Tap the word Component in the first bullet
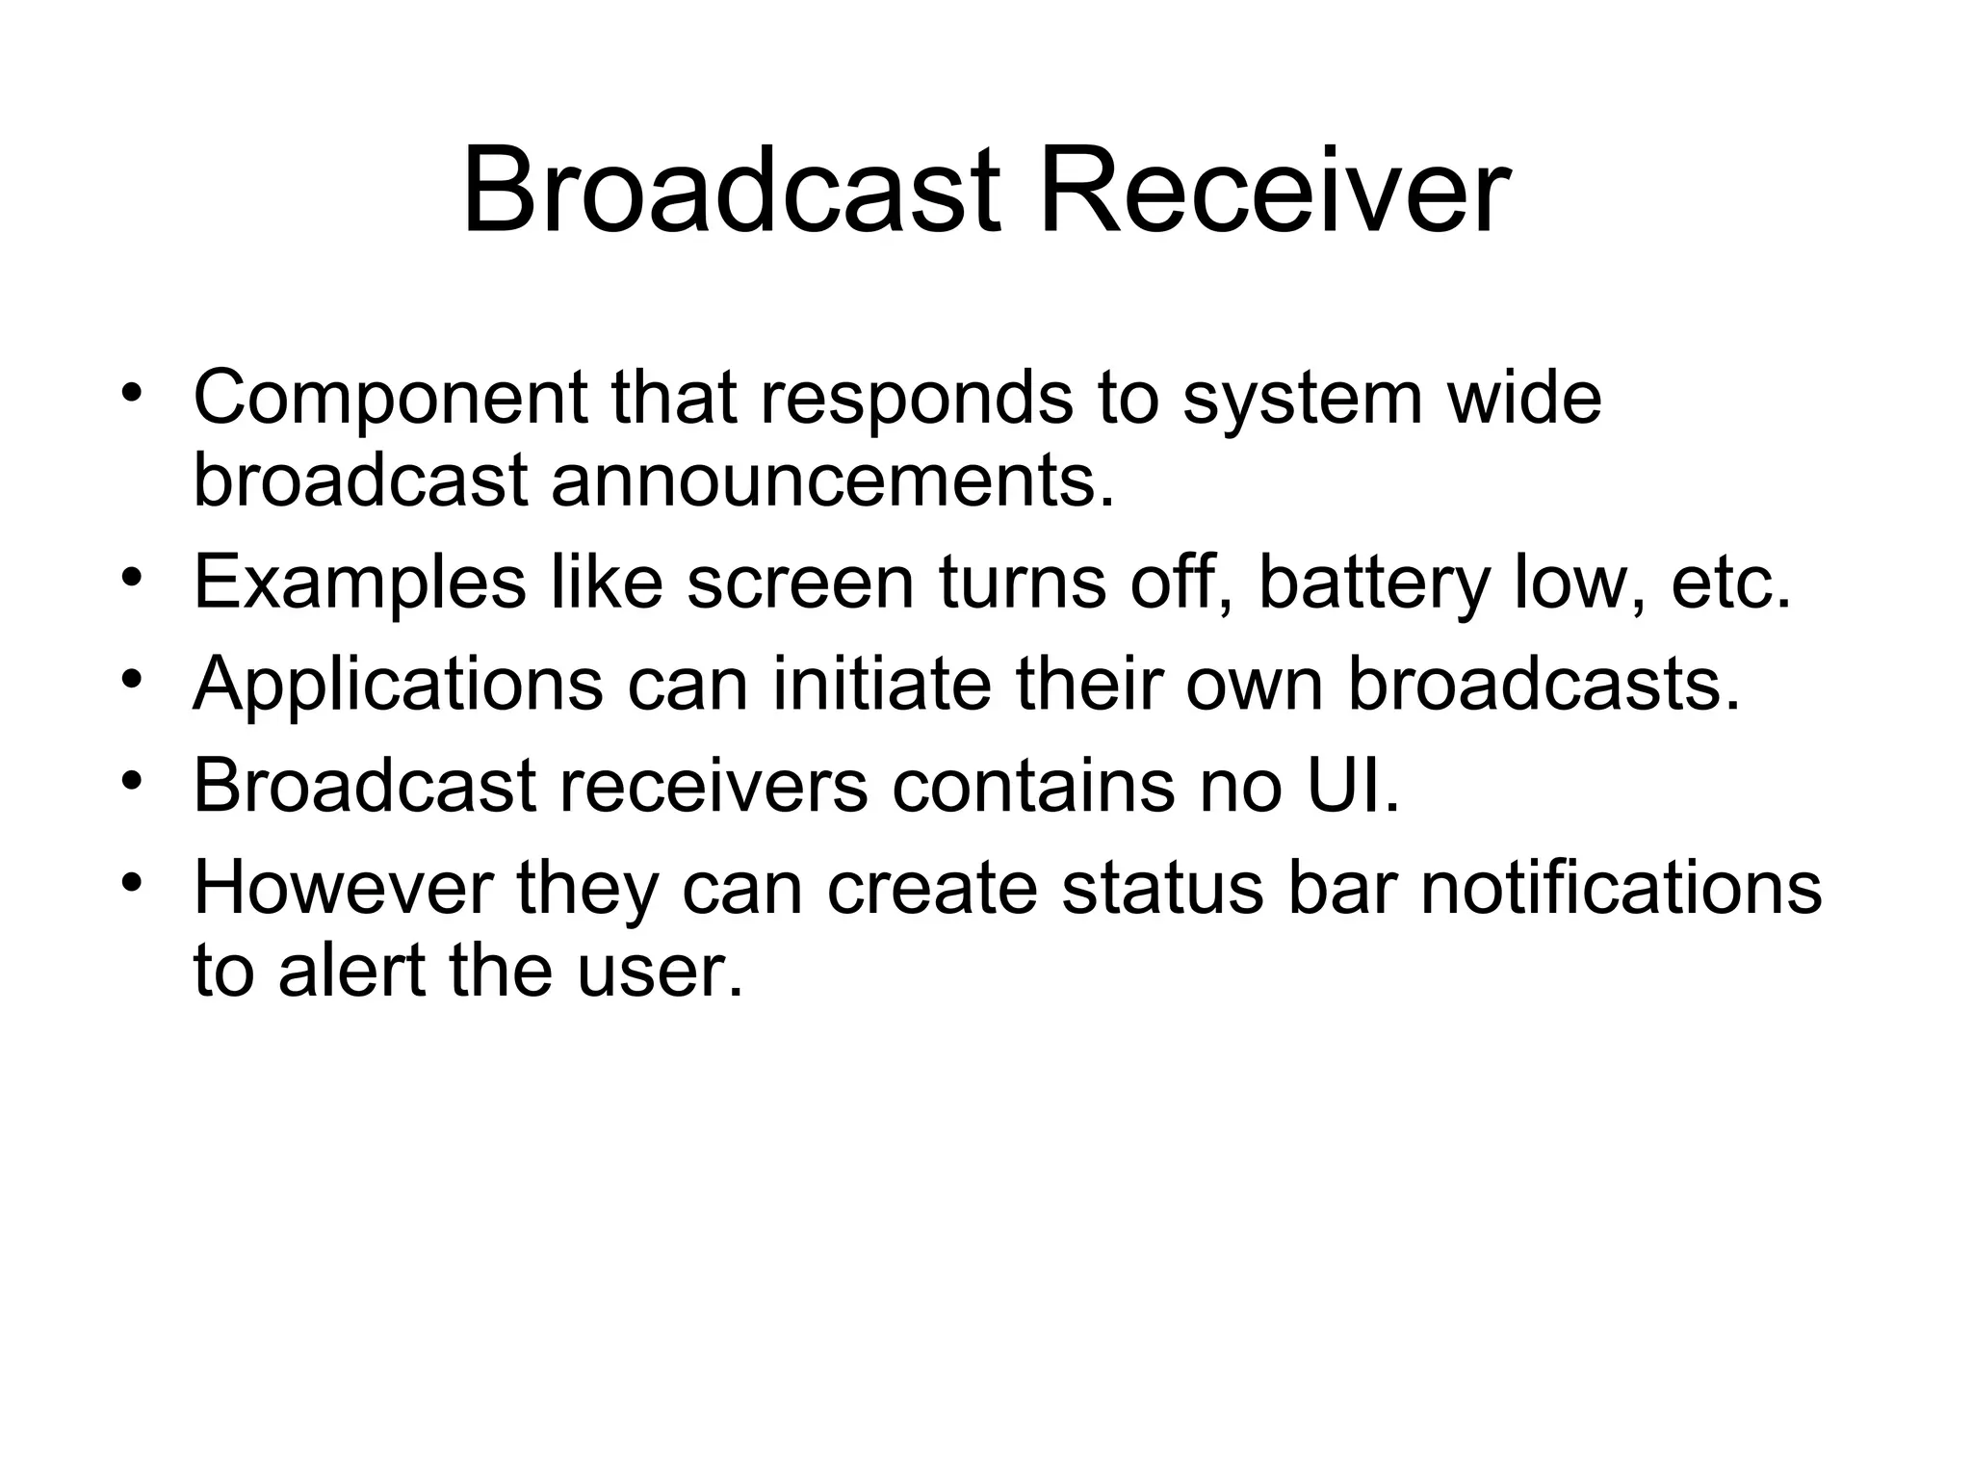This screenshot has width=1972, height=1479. [390, 398]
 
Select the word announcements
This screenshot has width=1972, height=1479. [832, 480]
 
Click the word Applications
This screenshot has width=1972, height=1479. [398, 684]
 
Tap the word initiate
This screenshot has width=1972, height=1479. [882, 684]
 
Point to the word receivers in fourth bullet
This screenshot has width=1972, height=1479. [713, 785]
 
